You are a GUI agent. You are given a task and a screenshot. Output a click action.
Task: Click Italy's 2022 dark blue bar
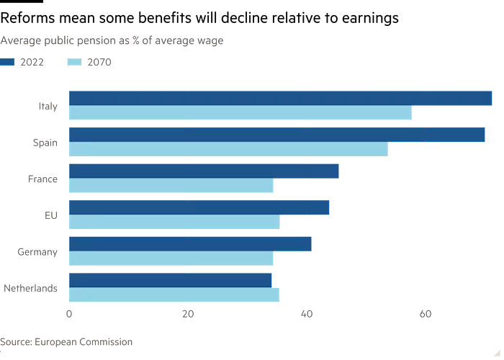click(x=281, y=98)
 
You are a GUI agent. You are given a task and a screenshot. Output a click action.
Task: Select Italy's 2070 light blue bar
click(x=240, y=113)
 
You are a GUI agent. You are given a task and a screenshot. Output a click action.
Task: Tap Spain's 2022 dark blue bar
click(x=277, y=135)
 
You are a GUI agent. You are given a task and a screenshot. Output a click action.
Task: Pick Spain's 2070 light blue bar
click(x=229, y=150)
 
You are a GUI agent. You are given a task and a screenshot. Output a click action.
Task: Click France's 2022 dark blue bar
click(x=204, y=171)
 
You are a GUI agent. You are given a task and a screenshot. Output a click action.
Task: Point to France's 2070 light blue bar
click(x=171, y=186)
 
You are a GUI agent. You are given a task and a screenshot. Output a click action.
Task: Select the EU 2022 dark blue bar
click(x=199, y=207)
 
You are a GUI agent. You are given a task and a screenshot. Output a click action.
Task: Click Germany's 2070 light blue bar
click(x=171, y=258)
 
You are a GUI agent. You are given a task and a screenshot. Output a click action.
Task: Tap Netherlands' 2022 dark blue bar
click(x=171, y=280)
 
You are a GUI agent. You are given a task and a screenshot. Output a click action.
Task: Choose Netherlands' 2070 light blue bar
click(x=175, y=295)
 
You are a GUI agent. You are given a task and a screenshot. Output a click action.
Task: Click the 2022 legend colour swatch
click(x=8, y=62)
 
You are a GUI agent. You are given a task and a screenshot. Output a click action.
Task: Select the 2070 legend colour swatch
click(x=76, y=62)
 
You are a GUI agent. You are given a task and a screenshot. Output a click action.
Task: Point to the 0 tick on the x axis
click(x=69, y=314)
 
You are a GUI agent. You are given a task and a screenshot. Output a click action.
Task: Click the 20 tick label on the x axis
click(x=188, y=314)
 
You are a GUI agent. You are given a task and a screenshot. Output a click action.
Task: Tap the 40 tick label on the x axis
click(x=307, y=314)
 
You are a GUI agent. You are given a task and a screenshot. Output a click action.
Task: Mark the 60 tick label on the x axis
click(x=426, y=314)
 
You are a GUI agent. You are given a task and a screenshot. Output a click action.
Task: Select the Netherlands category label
click(x=31, y=289)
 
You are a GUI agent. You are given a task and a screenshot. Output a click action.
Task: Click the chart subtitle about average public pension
click(x=112, y=40)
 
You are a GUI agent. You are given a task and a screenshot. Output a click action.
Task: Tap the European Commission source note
click(x=66, y=342)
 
